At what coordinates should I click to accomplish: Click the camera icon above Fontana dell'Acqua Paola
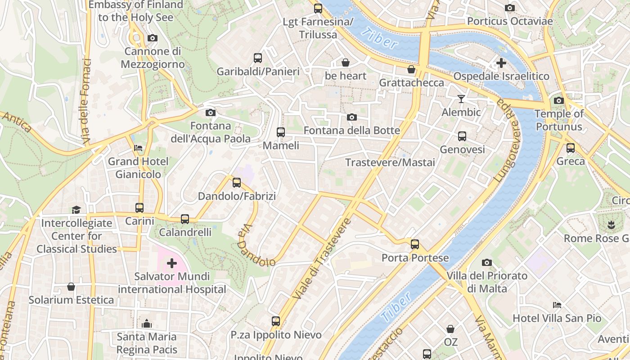point(210,112)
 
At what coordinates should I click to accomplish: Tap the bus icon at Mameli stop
point(281,132)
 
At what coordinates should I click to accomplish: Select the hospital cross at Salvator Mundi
point(171,263)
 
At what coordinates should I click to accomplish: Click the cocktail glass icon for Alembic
point(461,99)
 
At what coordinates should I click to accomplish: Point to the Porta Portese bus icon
point(415,244)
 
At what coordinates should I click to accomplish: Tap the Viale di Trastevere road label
point(321,259)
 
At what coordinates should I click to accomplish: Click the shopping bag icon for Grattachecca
point(411,69)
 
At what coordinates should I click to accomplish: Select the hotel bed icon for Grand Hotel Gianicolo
point(138,148)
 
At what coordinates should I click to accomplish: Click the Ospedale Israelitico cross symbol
point(501,63)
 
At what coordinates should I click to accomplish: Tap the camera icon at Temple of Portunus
point(559,100)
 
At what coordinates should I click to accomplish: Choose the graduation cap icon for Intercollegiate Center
point(76,210)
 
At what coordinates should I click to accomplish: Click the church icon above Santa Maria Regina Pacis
point(147,323)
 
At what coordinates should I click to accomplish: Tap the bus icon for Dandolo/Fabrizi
point(237,183)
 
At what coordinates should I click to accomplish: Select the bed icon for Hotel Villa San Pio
point(557,305)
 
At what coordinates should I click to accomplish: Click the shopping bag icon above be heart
point(346,63)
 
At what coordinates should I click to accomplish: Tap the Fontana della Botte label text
point(351,130)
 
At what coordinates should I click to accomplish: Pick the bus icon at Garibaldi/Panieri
point(258,58)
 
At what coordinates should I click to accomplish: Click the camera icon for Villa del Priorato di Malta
point(486,262)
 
